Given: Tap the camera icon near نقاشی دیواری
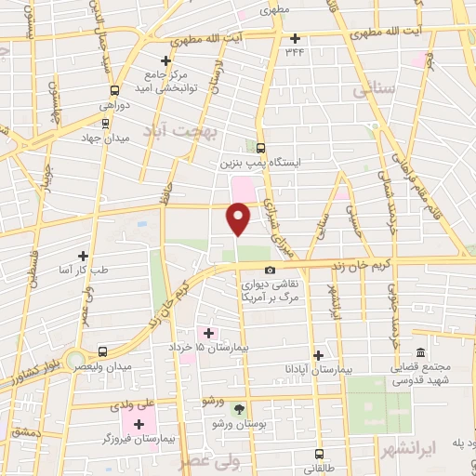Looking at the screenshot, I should pos(271,271).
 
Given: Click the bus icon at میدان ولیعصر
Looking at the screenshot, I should pos(102,352).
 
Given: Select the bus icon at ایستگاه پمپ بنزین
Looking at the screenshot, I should pos(259,147).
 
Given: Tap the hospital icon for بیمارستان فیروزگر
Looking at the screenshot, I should pos(139,424).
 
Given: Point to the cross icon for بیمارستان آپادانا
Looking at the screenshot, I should pos(318,355).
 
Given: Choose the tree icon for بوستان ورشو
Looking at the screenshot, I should pos(239,409).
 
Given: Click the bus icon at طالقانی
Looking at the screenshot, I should pos(320,456).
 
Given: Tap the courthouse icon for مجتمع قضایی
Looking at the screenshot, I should pos(420,353).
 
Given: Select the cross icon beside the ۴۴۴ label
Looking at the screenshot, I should pos(296,38).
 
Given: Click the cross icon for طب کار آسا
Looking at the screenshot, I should pos(84,256).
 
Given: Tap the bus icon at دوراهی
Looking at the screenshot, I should pos(114,91).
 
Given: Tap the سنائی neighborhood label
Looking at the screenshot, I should pos(375,89).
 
